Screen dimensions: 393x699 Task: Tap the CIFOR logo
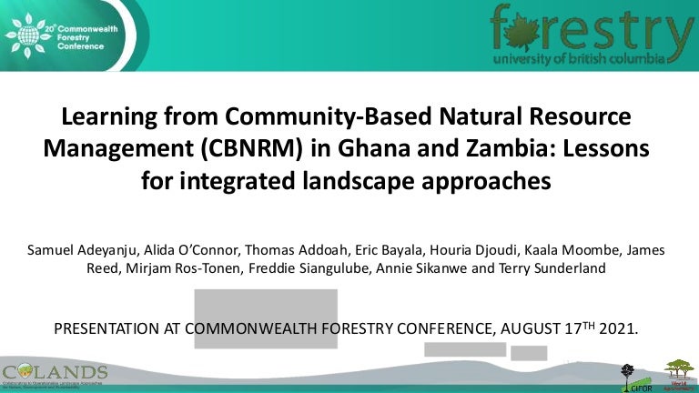(629, 378)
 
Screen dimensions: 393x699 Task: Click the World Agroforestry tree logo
(678, 374)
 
